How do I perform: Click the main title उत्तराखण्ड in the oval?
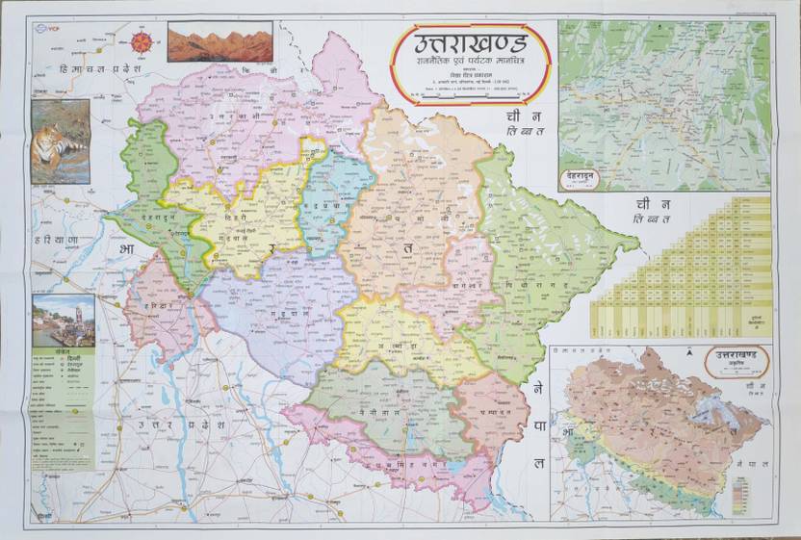[470, 44]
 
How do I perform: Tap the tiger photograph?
[61, 141]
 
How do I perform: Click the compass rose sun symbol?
[142, 42]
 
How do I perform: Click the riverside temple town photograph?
[64, 321]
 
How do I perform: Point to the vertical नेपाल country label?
[539, 424]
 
